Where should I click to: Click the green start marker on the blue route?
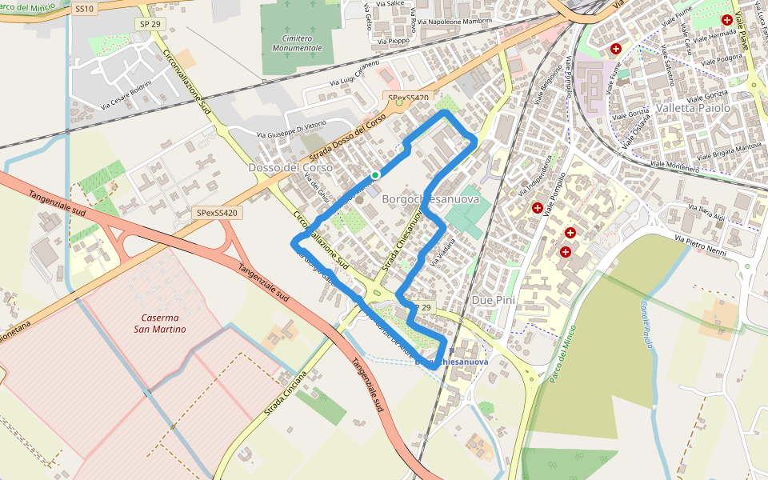click(x=375, y=174)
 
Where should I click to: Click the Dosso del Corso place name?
click(x=279, y=168)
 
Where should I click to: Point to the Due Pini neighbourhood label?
click(x=494, y=300)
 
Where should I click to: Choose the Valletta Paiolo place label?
click(x=693, y=107)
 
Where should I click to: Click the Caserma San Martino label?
click(x=160, y=322)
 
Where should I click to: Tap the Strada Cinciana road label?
click(x=286, y=394)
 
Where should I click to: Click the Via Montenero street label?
click(x=674, y=166)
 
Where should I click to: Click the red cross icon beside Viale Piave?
click(x=726, y=20)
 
